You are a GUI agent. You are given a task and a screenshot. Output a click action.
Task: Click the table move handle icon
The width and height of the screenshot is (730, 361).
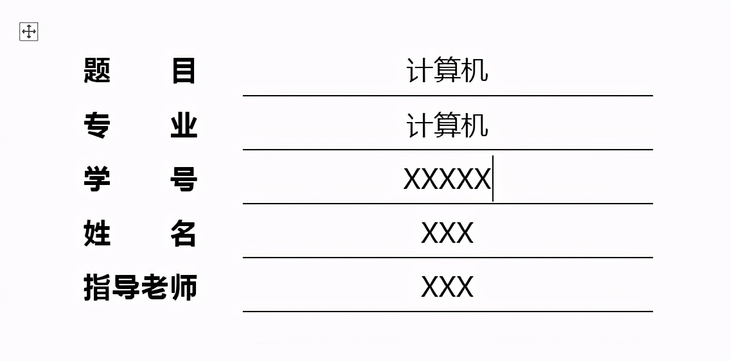(28, 31)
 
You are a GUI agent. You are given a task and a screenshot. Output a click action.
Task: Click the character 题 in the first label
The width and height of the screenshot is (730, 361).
(97, 71)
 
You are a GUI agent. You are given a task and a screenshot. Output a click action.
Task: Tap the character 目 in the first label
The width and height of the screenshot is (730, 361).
(184, 71)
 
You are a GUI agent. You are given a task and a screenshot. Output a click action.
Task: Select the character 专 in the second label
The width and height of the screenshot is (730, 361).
(97, 126)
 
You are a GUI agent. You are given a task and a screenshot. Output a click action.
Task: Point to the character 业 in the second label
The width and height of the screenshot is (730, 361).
(184, 126)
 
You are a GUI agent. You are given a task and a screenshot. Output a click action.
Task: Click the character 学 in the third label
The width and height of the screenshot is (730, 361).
(97, 180)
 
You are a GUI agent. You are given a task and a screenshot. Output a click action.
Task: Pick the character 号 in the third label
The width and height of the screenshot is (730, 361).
(184, 180)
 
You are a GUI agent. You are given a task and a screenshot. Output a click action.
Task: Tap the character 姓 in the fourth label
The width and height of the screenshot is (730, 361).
(97, 234)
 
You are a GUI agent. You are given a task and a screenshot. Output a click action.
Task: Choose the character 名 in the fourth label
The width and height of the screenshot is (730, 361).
(184, 234)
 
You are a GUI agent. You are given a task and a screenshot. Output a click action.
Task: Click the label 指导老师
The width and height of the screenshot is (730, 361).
(141, 288)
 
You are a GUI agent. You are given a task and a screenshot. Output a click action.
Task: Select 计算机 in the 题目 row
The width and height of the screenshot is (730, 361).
(447, 71)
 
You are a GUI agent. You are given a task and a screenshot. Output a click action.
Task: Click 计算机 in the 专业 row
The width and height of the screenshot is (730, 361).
(447, 125)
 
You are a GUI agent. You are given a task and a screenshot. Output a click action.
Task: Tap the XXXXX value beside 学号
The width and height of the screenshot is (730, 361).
(447, 179)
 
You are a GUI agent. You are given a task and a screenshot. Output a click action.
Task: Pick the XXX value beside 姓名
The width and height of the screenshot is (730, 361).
(447, 233)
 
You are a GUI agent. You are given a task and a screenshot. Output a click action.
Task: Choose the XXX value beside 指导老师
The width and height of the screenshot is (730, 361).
(447, 287)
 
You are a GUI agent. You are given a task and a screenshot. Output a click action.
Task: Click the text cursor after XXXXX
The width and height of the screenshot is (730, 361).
(493, 179)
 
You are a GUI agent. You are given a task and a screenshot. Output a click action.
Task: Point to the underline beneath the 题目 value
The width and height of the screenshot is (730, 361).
(448, 95)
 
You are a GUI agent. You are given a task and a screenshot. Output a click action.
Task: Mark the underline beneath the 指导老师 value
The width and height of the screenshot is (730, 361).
(448, 312)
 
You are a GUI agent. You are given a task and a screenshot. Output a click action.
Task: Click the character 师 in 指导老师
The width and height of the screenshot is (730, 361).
(184, 288)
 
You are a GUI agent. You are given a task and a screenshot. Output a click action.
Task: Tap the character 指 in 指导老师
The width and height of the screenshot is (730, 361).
(97, 288)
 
